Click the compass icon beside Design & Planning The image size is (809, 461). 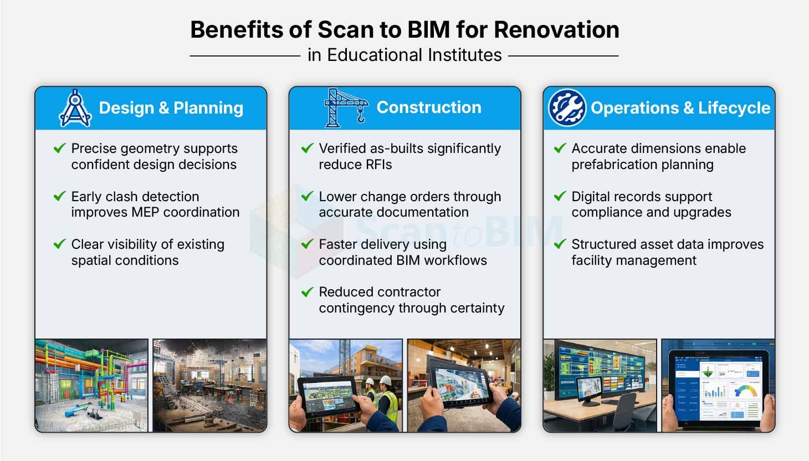coord(75,107)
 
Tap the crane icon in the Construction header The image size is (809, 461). coord(346,107)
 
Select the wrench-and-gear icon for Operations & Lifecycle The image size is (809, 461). coord(567,107)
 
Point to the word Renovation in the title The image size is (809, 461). coord(556,29)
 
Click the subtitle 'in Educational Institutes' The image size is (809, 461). coord(404,55)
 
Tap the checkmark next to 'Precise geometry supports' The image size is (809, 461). coord(60,148)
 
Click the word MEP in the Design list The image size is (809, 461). coord(145,212)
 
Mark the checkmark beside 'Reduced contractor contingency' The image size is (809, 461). coord(308,291)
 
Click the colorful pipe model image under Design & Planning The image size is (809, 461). coord(91,385)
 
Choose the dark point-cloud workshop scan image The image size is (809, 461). coord(210,385)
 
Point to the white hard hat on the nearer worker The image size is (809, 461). coord(386,381)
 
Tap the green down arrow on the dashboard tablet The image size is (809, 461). coord(708,371)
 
